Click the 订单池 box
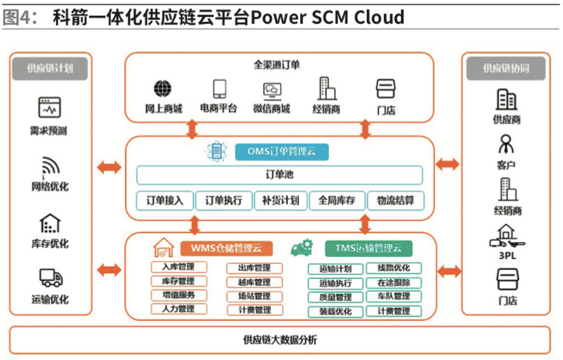pos(280,176)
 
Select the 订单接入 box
pos(165,201)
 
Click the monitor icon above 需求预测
pos(50,108)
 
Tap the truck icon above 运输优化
pos(51,278)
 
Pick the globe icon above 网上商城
pos(163,89)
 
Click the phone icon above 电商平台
pos(219,89)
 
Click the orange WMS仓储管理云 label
pos(226,248)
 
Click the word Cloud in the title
pos(379,16)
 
